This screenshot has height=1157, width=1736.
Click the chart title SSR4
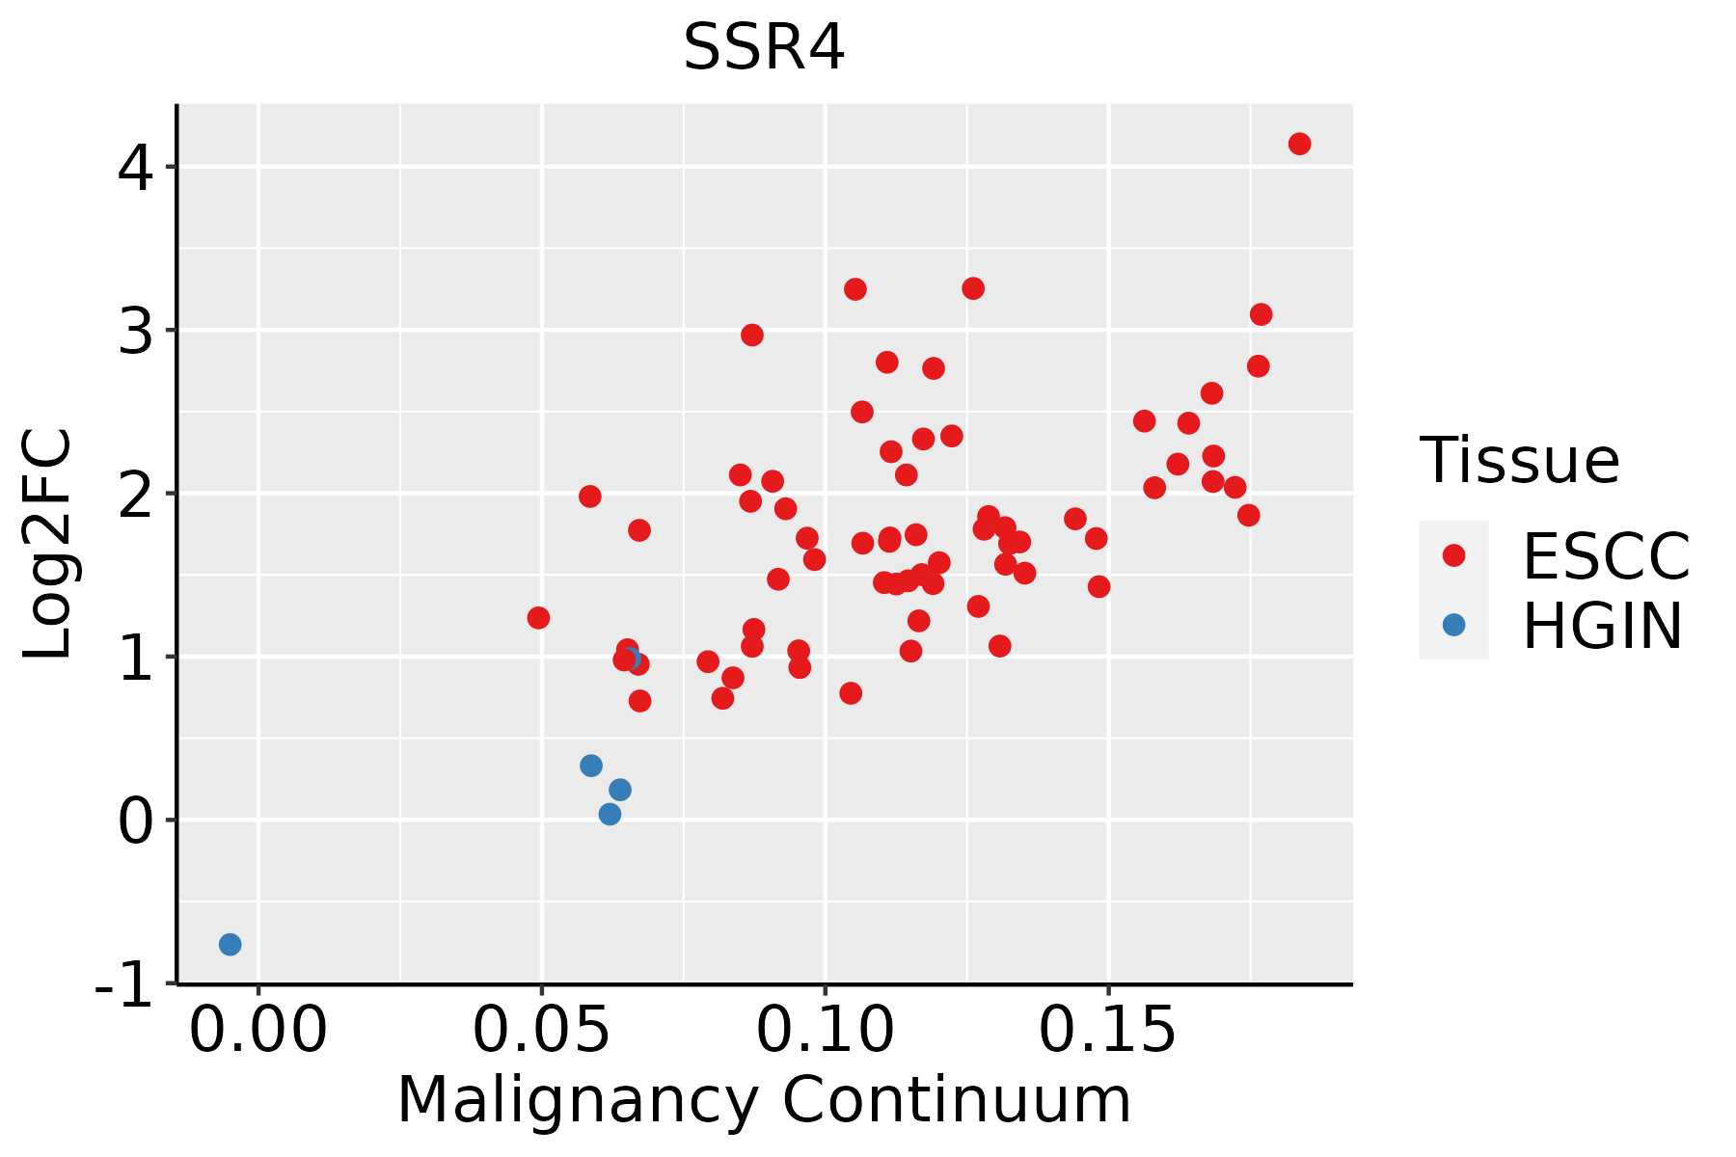pos(764,47)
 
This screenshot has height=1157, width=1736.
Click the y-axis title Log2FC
pos(48,545)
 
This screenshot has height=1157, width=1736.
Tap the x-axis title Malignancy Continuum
pos(764,1101)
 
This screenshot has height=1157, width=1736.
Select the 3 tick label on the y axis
pos(135,331)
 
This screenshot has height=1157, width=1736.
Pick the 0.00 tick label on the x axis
pos(258,1031)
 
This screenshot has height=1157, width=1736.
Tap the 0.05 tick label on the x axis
pos(542,1031)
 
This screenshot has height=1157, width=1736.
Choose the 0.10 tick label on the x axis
pos(826,1031)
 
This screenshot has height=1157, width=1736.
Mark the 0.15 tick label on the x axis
pos(1108,1031)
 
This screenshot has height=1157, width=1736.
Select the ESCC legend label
pos(1606,556)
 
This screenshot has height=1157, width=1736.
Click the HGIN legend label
pos(1603,626)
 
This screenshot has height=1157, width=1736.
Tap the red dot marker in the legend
pos(1453,555)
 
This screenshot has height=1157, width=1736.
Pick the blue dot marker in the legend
pos(1453,625)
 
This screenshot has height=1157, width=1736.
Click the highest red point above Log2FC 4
pos(1299,144)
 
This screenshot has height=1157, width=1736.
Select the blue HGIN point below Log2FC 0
pos(230,944)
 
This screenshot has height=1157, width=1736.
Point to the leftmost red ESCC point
pos(538,617)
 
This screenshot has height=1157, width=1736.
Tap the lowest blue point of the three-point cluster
pos(610,814)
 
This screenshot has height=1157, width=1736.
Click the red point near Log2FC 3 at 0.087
pos(752,335)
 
